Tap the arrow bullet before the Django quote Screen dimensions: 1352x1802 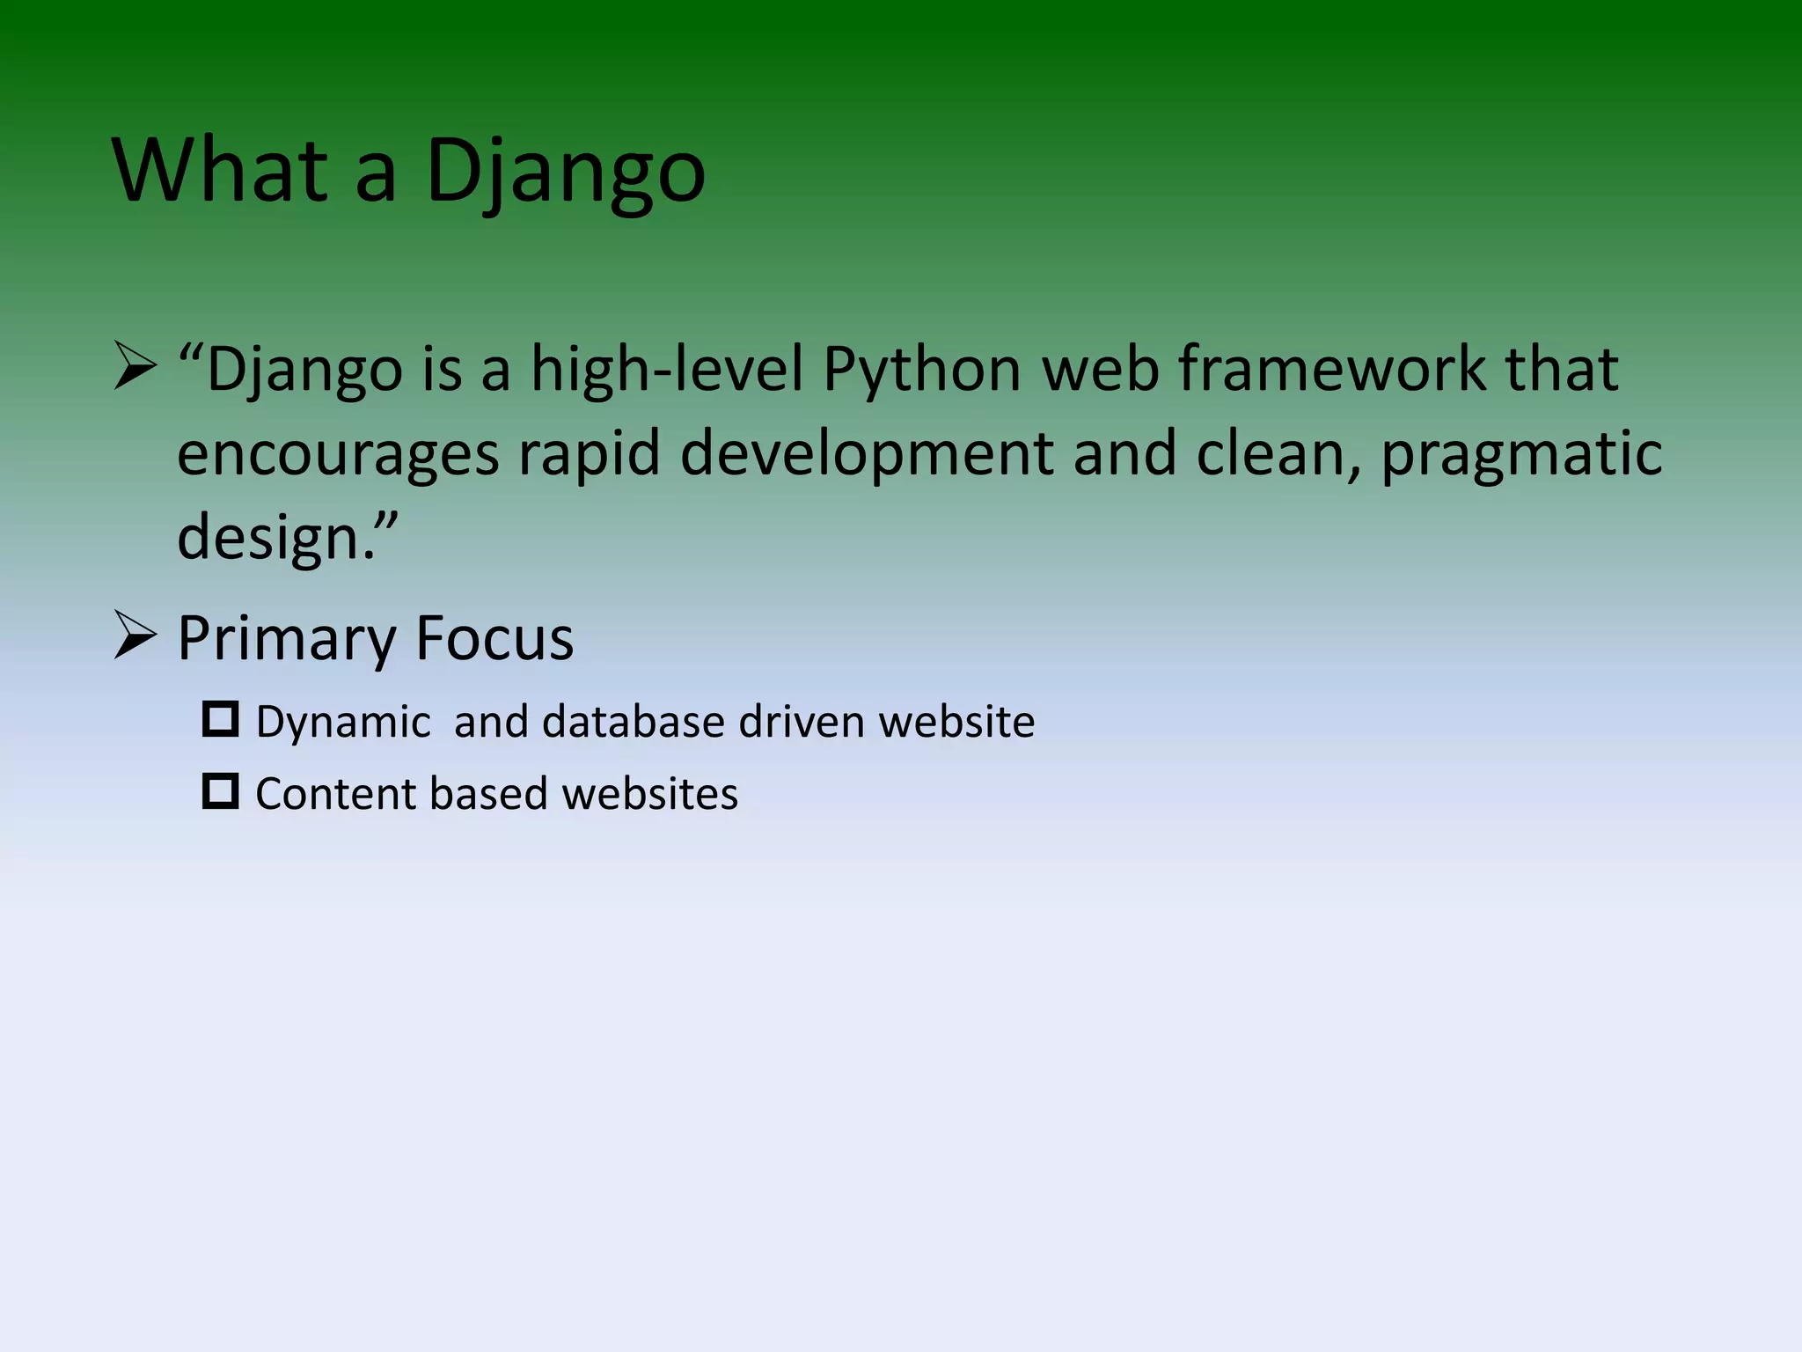click(136, 368)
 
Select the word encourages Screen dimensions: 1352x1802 click(338, 454)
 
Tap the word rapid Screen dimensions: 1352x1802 click(589, 454)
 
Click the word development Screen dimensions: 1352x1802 click(867, 454)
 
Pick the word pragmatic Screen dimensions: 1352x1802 click(1521, 454)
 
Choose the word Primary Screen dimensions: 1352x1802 click(287, 639)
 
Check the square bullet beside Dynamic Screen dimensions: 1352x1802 click(220, 719)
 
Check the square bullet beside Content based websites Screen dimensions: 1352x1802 click(220, 791)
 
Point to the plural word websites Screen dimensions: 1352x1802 click(649, 794)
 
